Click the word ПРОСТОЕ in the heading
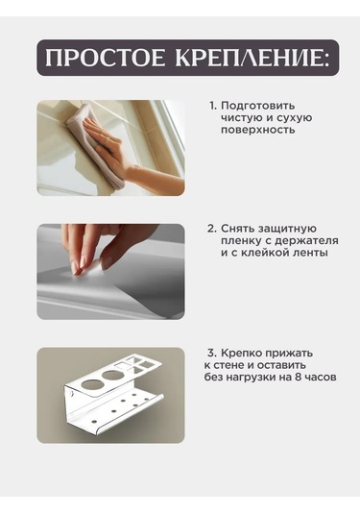point(105,58)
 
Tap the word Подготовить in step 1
point(258,107)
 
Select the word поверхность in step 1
point(258,130)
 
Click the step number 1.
point(213,106)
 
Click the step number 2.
point(211,229)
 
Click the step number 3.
point(212,353)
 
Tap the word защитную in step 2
point(287,229)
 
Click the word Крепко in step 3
point(241,354)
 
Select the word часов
point(321,378)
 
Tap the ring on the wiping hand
point(106,140)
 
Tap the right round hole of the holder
point(111,375)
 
